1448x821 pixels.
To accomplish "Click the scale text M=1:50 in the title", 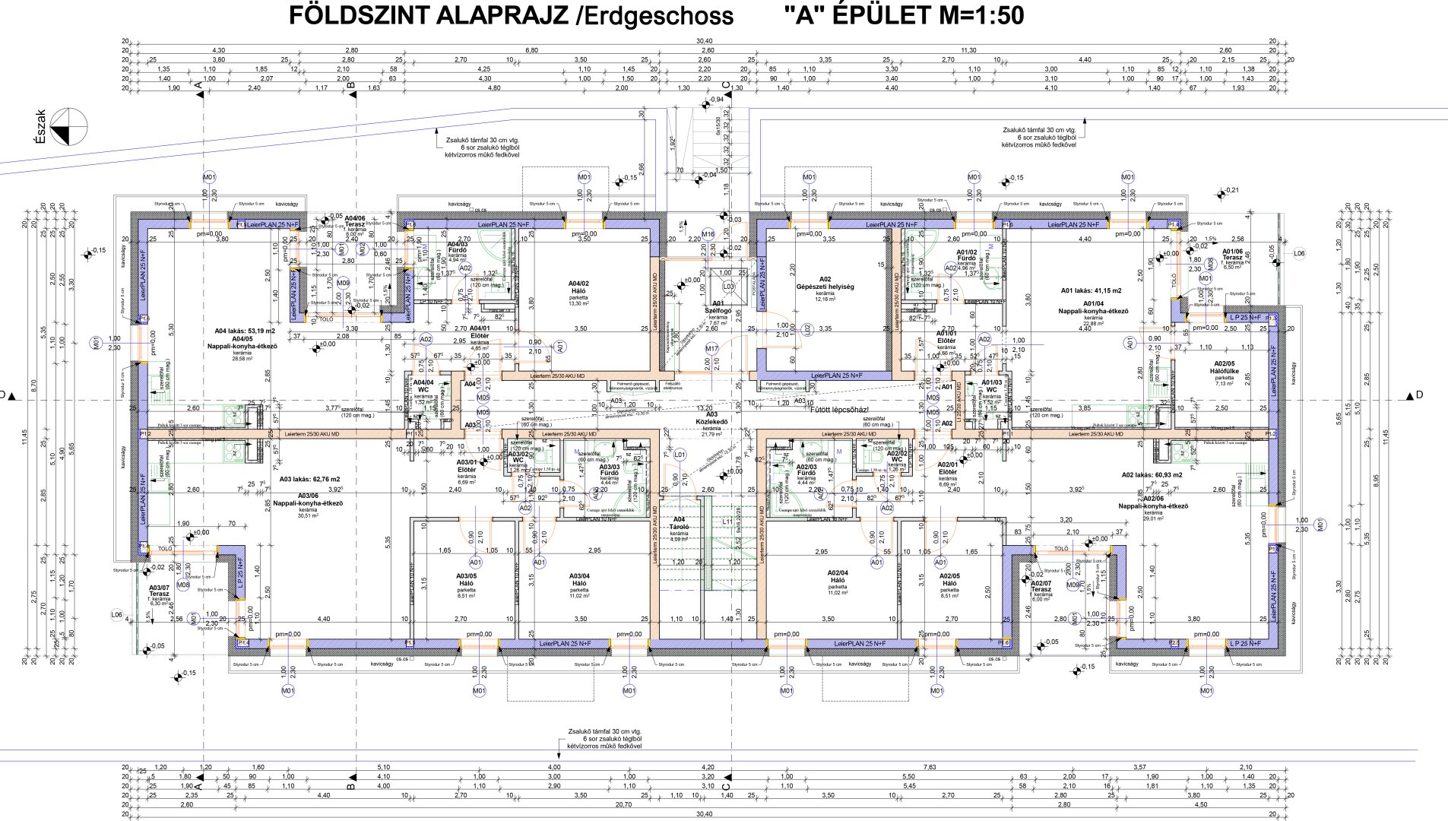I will (981, 15).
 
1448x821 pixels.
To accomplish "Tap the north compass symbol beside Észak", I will (69, 127).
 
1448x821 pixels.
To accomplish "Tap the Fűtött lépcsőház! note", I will (839, 410).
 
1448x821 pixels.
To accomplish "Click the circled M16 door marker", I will (708, 234).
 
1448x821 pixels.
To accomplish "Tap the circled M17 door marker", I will (711, 348).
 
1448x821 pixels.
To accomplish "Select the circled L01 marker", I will (680, 455).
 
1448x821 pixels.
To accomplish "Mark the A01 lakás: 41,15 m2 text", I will (1091, 290).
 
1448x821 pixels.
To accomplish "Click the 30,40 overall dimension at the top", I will (704, 41).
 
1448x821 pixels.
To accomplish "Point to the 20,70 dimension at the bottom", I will (623, 804).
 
